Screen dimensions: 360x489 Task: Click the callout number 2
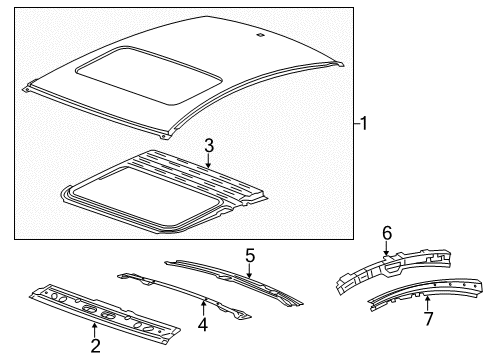95,347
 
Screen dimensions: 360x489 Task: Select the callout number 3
209,146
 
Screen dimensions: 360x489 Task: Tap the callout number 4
204,324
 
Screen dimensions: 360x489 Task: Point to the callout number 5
249,257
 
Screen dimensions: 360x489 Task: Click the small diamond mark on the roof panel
260,36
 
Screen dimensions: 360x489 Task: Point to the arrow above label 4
204,306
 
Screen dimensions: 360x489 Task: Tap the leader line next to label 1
356,125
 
